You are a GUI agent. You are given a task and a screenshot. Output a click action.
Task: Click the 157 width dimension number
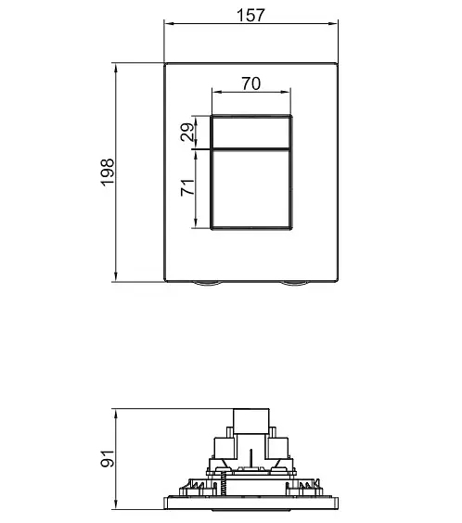(250, 15)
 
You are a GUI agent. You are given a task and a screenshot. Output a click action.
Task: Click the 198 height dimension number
(108, 172)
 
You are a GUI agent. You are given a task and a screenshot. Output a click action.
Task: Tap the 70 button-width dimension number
(251, 83)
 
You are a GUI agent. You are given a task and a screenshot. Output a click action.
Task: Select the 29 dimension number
(187, 132)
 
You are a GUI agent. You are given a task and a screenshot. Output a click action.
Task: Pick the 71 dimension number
(187, 187)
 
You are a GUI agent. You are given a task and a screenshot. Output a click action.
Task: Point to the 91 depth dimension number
(108, 458)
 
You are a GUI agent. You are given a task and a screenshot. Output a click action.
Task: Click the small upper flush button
(250, 133)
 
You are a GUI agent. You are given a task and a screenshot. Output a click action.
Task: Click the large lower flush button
(250, 189)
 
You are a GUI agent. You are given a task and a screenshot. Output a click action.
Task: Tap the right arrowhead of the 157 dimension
(333, 24)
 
